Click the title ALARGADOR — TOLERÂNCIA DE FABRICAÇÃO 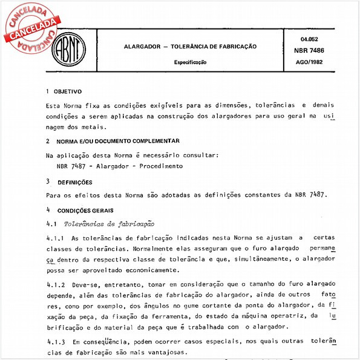coord(190,46)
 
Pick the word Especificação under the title coord(190,62)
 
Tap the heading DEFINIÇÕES coord(75,182)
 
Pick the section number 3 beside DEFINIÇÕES coord(48,182)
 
